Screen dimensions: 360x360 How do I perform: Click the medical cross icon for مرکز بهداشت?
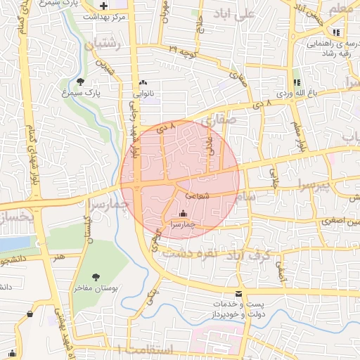(104, 6)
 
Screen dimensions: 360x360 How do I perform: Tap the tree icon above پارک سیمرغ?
(80, 82)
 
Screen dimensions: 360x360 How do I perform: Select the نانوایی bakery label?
(143, 91)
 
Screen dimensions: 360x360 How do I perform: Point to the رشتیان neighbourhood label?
(103, 45)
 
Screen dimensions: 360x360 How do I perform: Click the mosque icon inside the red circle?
(184, 214)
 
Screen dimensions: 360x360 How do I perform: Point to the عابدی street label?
(209, 146)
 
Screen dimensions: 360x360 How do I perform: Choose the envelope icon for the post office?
(240, 293)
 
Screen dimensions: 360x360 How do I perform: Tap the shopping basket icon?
(30, 314)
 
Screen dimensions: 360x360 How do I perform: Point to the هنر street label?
(59, 258)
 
